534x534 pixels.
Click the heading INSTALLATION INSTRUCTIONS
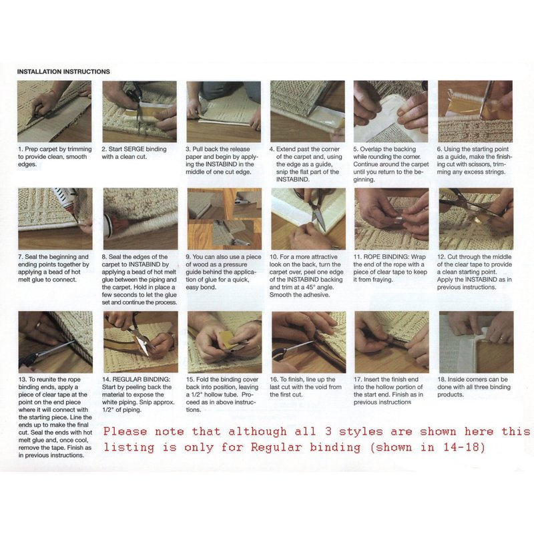pyautogui.click(x=63, y=71)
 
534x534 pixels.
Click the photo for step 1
pyautogui.click(x=55, y=111)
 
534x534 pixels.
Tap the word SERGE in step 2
pyautogui.click(x=134, y=149)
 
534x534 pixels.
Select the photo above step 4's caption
pyautogui.click(x=308, y=111)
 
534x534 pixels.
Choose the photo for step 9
pyautogui.click(x=224, y=219)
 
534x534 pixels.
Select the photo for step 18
pyautogui.click(x=477, y=342)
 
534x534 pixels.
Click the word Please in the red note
pyautogui.click(x=125, y=431)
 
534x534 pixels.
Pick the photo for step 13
pyautogui.click(x=55, y=342)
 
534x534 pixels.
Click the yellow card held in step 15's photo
pyautogui.click(x=227, y=339)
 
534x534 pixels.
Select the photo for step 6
pyautogui.click(x=475, y=111)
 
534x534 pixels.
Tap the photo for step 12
pyautogui.click(x=476, y=219)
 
